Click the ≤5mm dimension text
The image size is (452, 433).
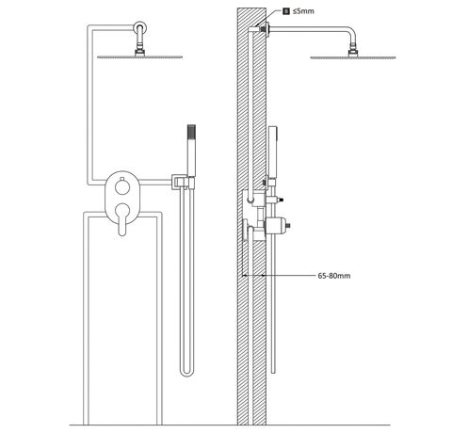point(303,11)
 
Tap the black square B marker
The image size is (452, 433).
point(286,11)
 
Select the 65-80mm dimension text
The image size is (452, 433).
point(334,276)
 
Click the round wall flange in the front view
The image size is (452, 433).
point(139,26)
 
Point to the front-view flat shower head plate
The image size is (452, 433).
point(139,57)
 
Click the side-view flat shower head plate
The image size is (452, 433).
point(353,57)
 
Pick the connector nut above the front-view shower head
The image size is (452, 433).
point(139,53)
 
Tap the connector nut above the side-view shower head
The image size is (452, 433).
point(353,53)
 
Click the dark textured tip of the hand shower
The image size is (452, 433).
point(191,131)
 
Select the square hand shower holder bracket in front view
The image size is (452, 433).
point(182,183)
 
